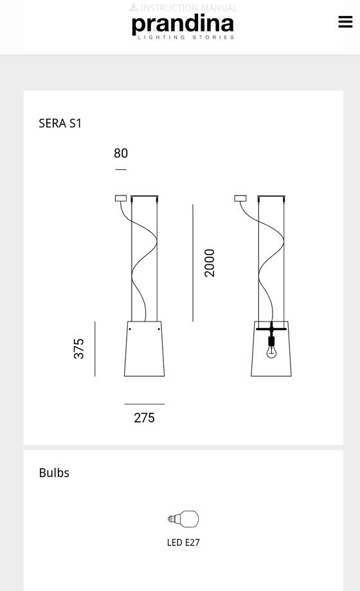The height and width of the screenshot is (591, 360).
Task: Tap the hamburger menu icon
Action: tap(345, 21)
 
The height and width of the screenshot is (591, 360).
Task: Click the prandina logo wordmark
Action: tap(183, 24)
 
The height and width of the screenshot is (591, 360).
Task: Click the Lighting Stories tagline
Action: tap(183, 38)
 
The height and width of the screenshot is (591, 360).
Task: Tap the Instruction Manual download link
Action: tap(183, 8)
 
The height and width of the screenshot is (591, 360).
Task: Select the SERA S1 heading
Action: tap(60, 123)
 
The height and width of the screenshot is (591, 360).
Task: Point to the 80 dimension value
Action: tap(121, 153)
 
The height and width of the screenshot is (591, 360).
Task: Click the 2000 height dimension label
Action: tap(210, 262)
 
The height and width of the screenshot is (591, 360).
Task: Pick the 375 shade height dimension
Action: tap(79, 349)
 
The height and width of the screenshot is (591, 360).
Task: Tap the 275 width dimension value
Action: tap(144, 418)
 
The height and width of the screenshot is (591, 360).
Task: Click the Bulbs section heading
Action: tap(54, 473)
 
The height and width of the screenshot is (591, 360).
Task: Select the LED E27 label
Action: tap(183, 542)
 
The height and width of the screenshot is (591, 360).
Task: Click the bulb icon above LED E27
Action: tap(183, 519)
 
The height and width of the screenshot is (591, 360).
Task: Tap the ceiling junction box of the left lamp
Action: tap(120, 199)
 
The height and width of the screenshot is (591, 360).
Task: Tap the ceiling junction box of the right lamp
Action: tap(240, 199)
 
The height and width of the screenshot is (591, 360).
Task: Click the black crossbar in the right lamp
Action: tap(271, 329)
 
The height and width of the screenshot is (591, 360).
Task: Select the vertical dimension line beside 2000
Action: tap(193, 262)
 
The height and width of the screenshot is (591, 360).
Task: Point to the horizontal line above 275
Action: tap(144, 404)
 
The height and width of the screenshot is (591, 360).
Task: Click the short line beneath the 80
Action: tap(121, 170)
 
